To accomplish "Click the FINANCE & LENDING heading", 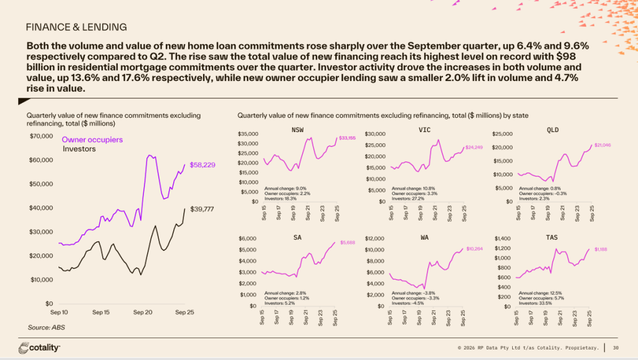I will [76, 27].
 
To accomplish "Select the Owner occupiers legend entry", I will [92, 140].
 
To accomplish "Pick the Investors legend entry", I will [79, 149].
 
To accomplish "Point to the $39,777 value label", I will [202, 210].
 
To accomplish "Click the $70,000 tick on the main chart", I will [42, 136].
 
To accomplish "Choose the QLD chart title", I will [552, 130].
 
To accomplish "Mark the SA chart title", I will [298, 237].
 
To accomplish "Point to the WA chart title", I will [425, 237].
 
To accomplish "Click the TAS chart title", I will [552, 237].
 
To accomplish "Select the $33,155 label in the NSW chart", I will [347, 138].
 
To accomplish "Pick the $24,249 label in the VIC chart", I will [474, 147].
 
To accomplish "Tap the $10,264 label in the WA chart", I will [475, 249].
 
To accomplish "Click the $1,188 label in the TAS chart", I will [601, 249].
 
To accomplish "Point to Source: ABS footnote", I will [47, 327].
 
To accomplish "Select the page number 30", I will [616, 347].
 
